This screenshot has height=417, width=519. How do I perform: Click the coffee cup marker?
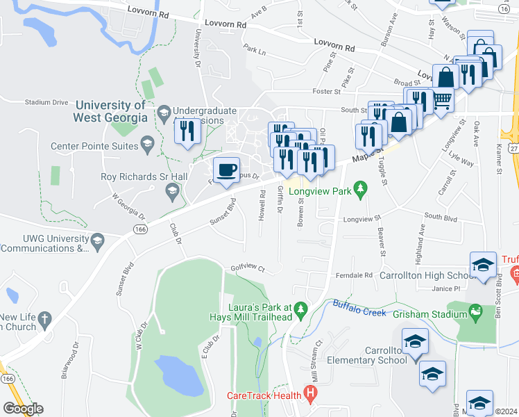coord(226,170)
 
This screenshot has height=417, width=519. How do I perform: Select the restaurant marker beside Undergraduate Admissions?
coord(187,131)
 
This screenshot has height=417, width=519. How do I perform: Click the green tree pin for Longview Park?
coord(359,189)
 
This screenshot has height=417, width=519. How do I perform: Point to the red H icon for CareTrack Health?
coord(310,396)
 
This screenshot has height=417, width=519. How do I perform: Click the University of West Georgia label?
coord(111,111)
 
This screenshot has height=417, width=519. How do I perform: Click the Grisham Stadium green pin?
coord(475,314)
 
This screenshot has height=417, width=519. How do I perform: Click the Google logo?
coord(22,408)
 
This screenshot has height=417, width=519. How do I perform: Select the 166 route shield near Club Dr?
coord(140,229)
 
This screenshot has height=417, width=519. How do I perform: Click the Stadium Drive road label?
coord(46,102)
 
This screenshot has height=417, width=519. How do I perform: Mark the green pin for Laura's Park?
coord(300,308)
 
